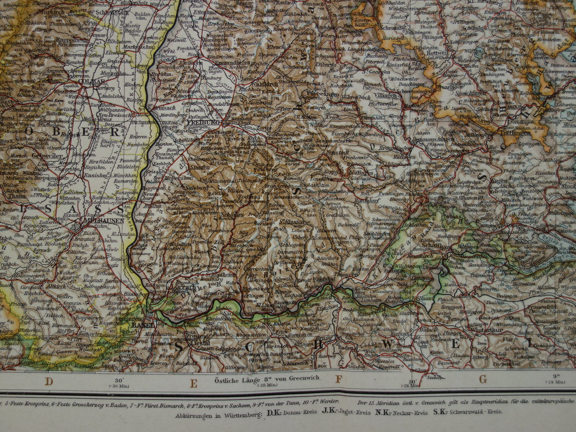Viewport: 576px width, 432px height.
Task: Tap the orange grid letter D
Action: point(49,381)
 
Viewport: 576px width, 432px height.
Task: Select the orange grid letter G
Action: point(483,379)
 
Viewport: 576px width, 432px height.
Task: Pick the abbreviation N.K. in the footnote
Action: point(383,412)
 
